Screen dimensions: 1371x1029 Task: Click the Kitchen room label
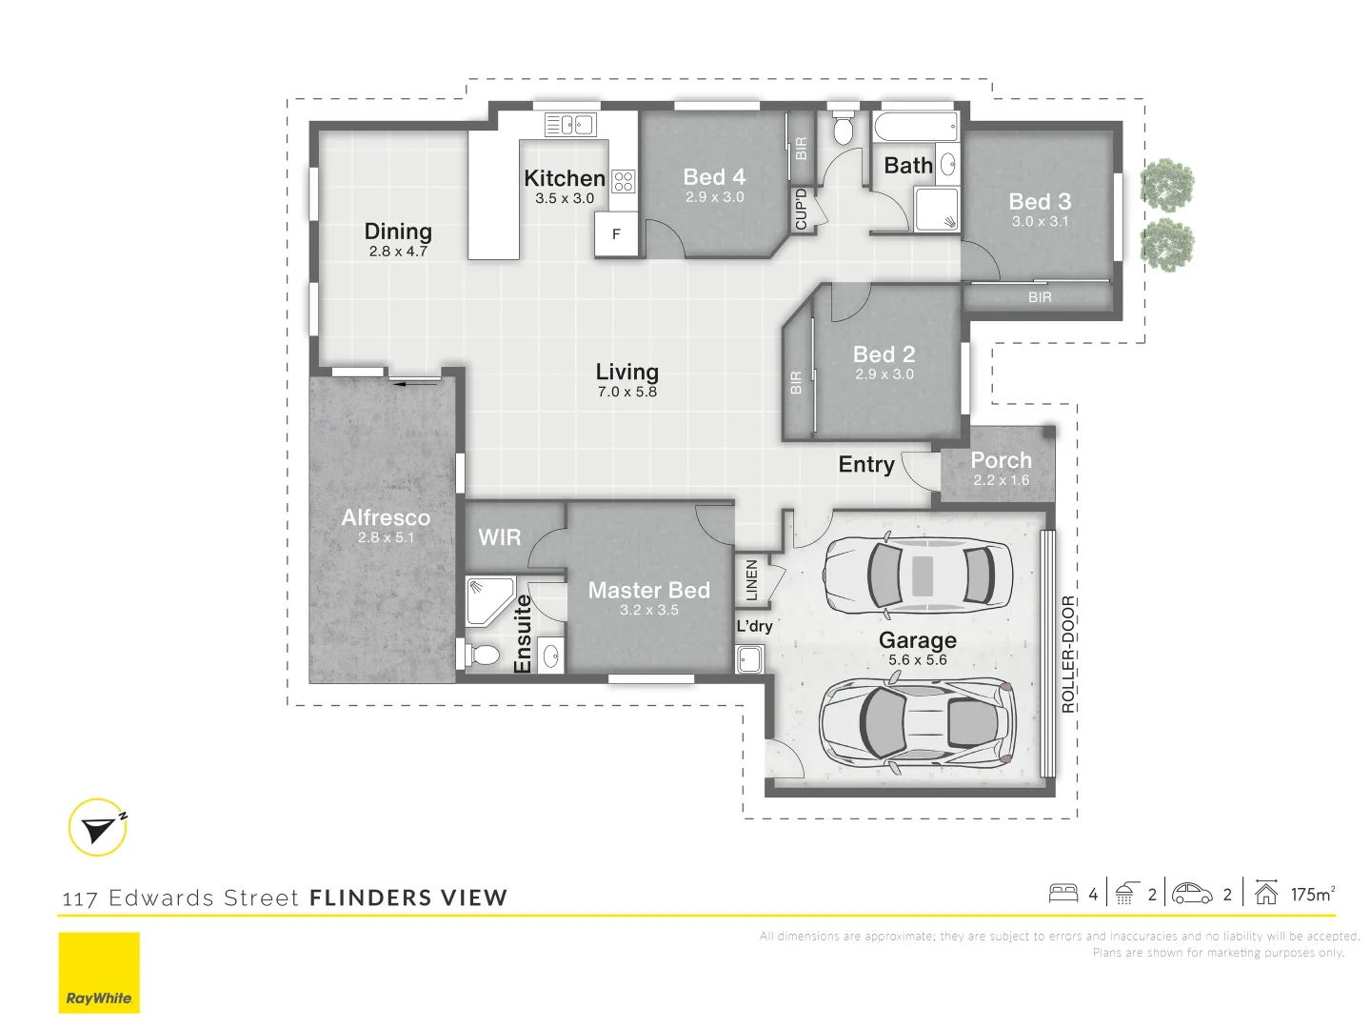pos(565,178)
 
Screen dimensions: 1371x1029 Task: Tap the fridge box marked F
pos(616,233)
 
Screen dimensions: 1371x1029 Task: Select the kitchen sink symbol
pos(570,124)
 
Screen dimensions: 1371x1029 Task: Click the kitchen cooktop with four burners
pos(624,181)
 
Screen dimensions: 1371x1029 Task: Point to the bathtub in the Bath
pos(916,127)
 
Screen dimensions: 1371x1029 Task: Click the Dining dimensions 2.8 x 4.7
pos(398,252)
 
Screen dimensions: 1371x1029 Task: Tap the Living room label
pos(627,372)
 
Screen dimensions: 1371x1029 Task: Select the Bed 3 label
pos(1040,201)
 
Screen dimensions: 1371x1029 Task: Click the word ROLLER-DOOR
pos(1068,655)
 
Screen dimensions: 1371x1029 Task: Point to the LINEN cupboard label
pos(751,580)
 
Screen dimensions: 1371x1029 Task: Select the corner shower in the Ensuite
pos(489,601)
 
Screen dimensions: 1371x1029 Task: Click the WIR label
pos(499,536)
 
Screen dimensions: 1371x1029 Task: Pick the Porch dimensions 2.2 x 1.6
pos(1002,480)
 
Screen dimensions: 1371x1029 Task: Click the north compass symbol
pos(98,827)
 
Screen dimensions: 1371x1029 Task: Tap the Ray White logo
pos(99,972)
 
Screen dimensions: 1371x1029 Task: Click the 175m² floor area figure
pos(1313,894)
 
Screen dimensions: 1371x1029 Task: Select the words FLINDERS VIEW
pos(408,898)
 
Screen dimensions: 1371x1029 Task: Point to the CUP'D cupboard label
pos(802,210)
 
